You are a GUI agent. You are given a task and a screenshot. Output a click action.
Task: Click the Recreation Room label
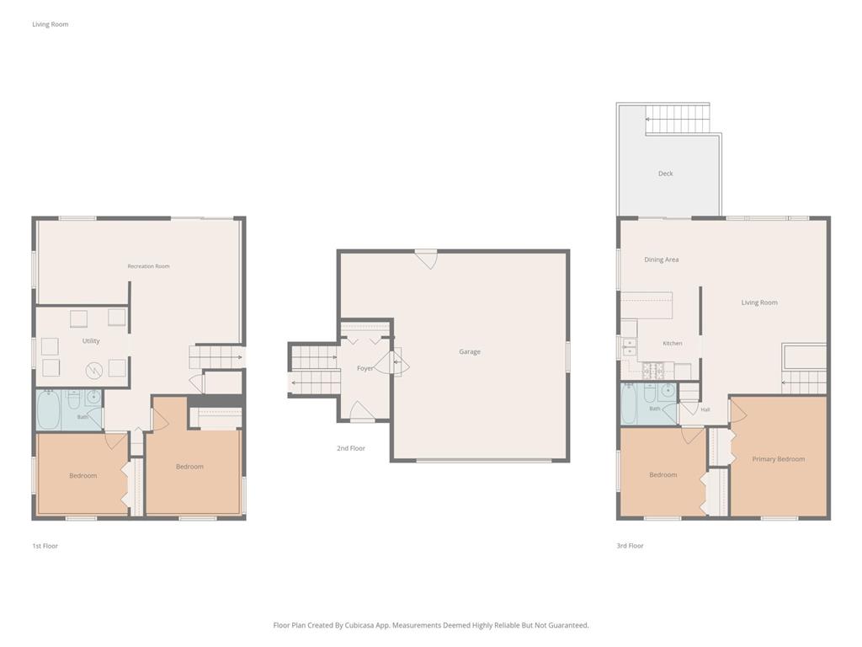pos(148,266)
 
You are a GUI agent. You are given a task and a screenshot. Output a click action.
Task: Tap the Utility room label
pos(91,341)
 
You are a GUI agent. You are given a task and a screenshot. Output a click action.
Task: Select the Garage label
pos(470,351)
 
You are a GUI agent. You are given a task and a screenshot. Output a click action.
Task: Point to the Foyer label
pos(365,369)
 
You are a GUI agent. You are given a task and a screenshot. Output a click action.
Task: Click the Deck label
pos(665,174)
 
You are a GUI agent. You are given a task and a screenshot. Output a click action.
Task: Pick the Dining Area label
pos(662,259)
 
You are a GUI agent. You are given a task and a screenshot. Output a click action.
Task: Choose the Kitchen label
pos(673,344)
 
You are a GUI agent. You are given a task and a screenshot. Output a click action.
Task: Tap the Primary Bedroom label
pos(779,459)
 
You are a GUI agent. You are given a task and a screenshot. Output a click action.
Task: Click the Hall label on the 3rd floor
pos(705,409)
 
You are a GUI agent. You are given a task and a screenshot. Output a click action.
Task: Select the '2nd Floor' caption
pos(351,448)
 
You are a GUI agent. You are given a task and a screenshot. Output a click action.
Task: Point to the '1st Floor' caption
pos(45,546)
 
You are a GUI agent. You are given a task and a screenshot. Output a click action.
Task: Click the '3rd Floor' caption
pos(630,546)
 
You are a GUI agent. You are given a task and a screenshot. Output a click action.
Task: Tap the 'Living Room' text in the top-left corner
pos(50,24)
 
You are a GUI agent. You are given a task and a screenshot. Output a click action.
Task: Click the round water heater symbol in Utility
pos(94,371)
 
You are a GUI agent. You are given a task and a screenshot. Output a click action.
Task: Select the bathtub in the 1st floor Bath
pos(48,409)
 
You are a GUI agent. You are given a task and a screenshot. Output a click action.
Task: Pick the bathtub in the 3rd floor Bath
pos(629,404)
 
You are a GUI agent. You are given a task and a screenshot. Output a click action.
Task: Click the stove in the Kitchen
pos(653,372)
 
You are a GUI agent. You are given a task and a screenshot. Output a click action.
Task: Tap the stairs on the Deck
pos(677,118)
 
